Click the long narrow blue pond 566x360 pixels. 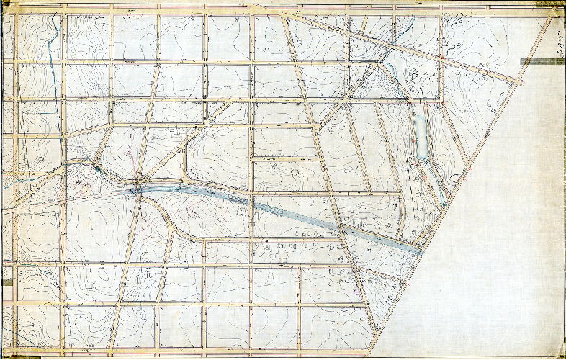click(x=420, y=137)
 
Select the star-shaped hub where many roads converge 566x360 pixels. click(x=137, y=189)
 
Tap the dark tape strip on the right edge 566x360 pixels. click(x=542, y=61)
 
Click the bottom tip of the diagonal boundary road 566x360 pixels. click(x=372, y=353)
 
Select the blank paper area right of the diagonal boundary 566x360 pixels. click(x=504, y=238)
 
